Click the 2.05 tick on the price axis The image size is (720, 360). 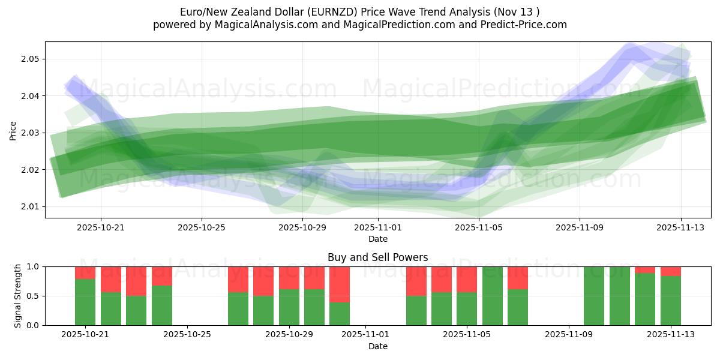[x=31, y=59]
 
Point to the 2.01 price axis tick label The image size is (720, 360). [x=31, y=207]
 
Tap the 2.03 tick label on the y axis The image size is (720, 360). [x=31, y=133]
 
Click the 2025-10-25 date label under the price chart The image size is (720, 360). [x=202, y=228]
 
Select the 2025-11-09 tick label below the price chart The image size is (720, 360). [x=579, y=228]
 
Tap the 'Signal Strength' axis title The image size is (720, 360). [x=18, y=296]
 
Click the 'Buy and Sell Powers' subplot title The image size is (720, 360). [x=377, y=257]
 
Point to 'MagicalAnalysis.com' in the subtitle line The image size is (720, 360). [x=241, y=25]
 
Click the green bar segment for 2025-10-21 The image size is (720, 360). [x=85, y=302]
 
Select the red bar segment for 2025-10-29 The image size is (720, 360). [x=289, y=278]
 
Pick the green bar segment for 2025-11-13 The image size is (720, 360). [x=671, y=301]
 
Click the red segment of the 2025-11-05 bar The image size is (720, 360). [x=467, y=279]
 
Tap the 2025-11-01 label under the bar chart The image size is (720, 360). [x=365, y=335]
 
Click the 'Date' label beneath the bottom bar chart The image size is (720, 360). [x=377, y=346]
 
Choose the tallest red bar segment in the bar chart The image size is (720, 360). [x=340, y=284]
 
